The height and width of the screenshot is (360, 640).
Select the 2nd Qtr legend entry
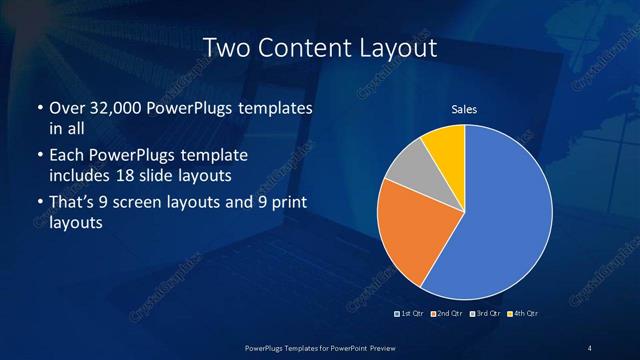(447, 314)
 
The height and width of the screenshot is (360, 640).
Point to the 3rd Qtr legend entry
(486, 314)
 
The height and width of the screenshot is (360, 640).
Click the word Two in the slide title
(226, 48)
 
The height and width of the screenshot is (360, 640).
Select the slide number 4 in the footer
(590, 347)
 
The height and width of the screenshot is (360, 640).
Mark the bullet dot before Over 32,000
(39, 108)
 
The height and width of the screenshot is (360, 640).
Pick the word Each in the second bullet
(66, 156)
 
